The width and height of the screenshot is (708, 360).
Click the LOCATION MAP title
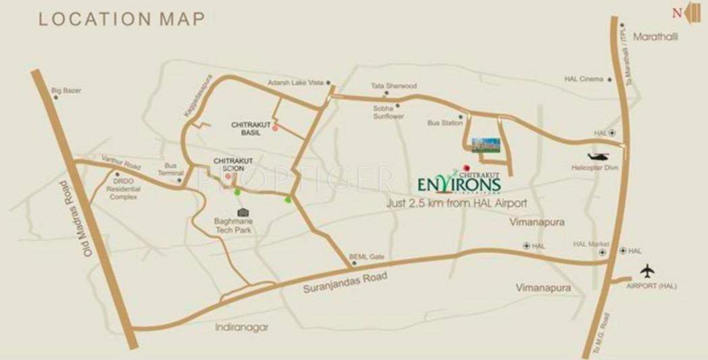(x=122, y=19)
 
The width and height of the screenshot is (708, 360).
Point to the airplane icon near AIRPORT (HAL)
(x=647, y=271)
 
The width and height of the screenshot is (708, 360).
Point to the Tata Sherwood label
(x=394, y=86)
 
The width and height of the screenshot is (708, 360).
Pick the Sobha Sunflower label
(x=388, y=112)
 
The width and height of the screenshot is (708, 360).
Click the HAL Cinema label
(x=583, y=79)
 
